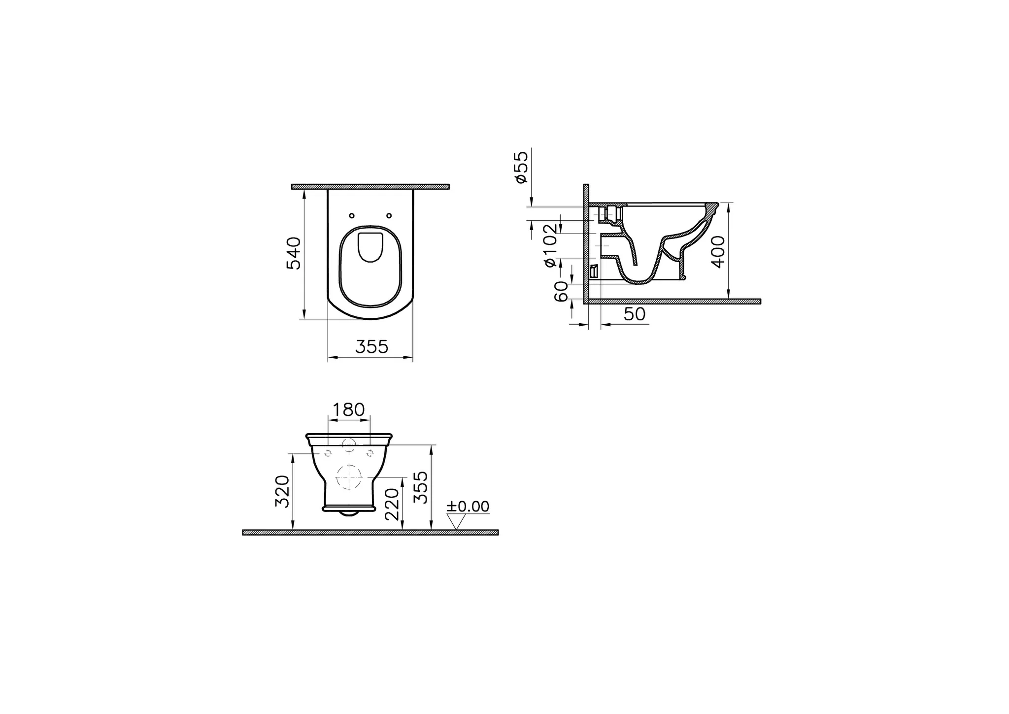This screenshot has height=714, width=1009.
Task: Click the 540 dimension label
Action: [294, 253]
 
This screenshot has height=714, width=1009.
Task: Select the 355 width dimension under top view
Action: [372, 347]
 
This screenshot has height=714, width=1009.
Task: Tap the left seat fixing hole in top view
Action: [351, 216]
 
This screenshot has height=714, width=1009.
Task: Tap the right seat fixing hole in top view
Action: [389, 216]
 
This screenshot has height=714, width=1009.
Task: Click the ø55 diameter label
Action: [521, 168]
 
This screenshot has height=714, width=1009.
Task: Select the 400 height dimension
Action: [719, 251]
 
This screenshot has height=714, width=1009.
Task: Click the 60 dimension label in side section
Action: [561, 292]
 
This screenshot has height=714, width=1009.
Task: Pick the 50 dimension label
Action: [634, 314]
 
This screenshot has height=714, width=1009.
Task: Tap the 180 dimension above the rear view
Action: [349, 409]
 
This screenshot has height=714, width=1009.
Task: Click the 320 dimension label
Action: [282, 491]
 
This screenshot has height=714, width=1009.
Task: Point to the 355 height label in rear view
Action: [420, 487]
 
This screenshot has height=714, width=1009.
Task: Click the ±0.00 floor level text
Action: [468, 507]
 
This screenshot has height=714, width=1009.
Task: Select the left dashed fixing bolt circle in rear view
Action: [328, 453]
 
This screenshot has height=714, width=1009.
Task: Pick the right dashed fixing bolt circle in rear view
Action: [370, 453]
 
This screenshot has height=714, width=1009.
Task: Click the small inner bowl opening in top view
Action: [370, 247]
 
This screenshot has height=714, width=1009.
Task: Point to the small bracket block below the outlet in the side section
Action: [594, 271]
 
